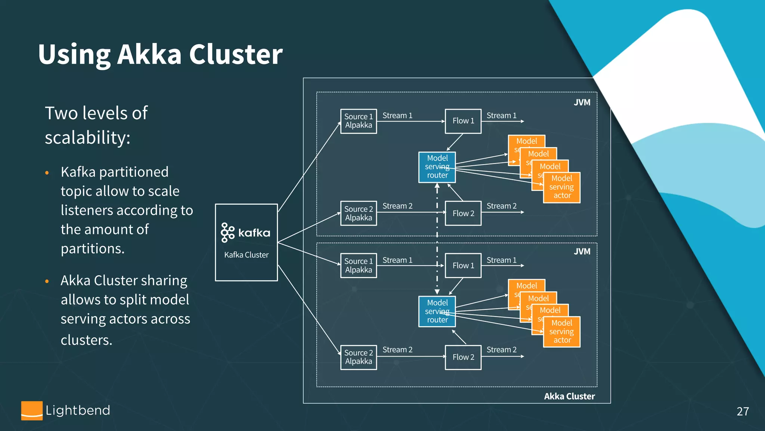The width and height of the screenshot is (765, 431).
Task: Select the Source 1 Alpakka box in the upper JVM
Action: coord(358,121)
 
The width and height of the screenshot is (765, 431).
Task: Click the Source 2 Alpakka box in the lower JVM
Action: coord(358,357)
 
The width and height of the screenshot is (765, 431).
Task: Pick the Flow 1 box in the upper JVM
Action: coord(463,121)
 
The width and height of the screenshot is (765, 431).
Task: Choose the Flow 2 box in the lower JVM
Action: coord(463,357)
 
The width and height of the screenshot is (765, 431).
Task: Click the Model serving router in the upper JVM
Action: coord(437,167)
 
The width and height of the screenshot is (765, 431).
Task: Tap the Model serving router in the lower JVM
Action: coord(437,311)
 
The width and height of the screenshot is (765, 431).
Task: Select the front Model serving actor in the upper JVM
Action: coord(561,187)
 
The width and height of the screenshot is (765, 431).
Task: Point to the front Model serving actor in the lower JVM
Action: coord(561,332)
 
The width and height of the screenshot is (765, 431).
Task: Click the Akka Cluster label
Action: coord(569,396)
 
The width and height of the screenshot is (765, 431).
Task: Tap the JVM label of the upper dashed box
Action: coord(582,103)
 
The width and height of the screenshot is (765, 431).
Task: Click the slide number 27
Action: coord(743,411)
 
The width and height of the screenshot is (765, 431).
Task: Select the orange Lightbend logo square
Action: coord(32,410)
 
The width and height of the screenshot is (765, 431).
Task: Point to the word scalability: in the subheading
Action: coord(87,137)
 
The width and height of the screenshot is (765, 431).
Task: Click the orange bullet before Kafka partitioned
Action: coord(47,173)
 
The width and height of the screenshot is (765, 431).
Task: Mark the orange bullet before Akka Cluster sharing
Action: coord(47,281)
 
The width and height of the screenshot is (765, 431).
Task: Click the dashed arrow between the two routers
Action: coord(437,239)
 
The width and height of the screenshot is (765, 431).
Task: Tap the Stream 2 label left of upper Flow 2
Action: coord(397,206)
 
